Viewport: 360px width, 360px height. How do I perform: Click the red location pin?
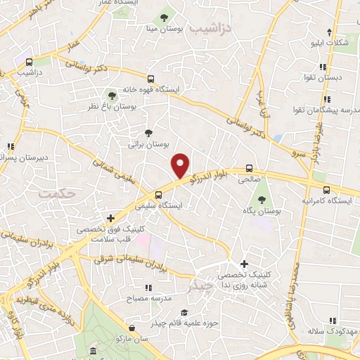[181, 165]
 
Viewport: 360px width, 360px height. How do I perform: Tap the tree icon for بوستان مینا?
[164, 17]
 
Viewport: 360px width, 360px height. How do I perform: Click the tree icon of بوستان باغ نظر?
[111, 95]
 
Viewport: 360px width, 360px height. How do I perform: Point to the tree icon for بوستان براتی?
[148, 132]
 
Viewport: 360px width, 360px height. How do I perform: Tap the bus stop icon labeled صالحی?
[249, 168]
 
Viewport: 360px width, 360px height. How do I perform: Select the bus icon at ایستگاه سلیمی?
[159, 195]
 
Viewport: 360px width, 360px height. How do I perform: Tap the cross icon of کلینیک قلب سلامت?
[110, 218]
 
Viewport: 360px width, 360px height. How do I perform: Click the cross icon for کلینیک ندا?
[243, 264]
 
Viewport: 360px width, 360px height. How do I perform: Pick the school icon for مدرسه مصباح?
[148, 287]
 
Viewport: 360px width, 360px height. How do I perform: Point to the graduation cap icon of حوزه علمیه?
[184, 312]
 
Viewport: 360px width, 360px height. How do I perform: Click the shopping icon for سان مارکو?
[131, 327]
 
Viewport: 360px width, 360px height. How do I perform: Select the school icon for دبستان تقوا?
[323, 67]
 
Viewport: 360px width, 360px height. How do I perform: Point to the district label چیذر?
[200, 287]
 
